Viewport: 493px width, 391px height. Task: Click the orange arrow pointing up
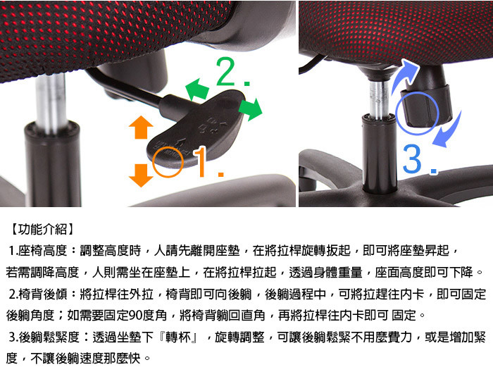(x=141, y=127)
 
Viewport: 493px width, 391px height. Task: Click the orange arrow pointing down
(x=141, y=175)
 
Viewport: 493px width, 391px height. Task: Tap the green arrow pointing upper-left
(x=198, y=89)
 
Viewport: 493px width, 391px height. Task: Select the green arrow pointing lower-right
(x=251, y=108)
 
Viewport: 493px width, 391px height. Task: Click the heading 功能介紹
(x=42, y=229)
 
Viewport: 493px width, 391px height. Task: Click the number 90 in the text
(x=135, y=315)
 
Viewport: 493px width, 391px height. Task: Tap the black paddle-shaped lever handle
(x=196, y=130)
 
